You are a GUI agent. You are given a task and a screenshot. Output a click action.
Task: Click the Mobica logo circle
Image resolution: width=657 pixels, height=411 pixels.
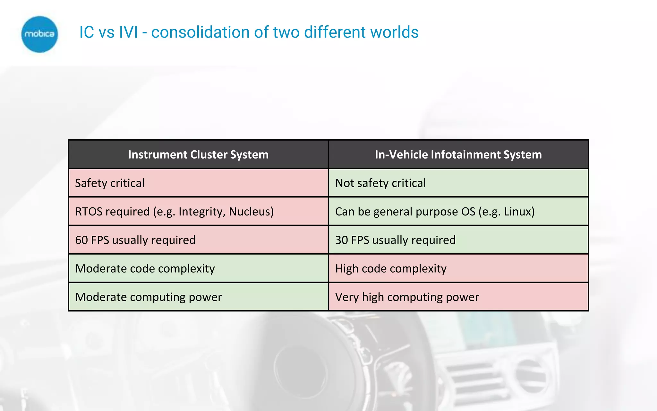point(39,34)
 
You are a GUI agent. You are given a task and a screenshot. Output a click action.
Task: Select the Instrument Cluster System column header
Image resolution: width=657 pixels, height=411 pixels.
point(198,155)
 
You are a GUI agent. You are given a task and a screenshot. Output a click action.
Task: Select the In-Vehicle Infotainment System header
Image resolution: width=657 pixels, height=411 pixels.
point(458,155)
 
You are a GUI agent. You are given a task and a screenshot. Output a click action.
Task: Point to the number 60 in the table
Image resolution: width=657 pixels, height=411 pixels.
point(81,240)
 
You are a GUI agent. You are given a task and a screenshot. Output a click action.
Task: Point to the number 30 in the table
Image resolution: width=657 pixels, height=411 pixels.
point(342,240)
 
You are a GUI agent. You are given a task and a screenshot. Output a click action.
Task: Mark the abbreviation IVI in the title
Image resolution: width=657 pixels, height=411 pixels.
point(128,32)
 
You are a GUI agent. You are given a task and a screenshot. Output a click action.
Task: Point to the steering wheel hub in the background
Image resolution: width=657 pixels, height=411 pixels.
point(300,369)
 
